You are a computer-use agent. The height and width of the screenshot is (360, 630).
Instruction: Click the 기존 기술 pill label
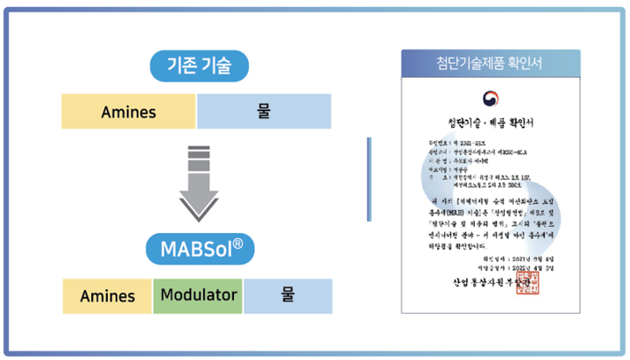click(196, 65)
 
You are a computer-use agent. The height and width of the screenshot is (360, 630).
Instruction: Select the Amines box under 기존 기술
click(129, 112)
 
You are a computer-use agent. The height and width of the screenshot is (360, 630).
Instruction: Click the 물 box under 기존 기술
click(264, 112)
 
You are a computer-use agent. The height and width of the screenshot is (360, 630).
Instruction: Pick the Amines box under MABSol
click(108, 296)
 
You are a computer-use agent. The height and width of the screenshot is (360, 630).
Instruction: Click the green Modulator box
click(198, 296)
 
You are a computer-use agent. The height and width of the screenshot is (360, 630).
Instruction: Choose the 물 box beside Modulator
click(287, 296)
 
